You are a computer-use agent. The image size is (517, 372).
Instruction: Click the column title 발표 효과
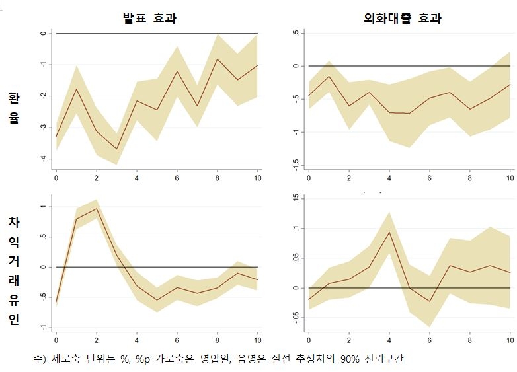click(149, 19)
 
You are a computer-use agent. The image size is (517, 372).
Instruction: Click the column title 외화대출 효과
click(402, 19)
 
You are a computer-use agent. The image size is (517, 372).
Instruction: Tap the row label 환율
click(14, 108)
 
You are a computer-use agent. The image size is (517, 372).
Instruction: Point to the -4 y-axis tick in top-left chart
click(42, 159)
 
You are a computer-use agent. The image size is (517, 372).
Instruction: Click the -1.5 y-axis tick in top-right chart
click(295, 164)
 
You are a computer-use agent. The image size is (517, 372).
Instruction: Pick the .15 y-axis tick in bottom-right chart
click(295, 198)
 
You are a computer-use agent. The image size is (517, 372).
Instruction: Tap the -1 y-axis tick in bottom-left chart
click(42, 327)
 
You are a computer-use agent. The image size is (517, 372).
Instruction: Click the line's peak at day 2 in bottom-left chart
click(97, 209)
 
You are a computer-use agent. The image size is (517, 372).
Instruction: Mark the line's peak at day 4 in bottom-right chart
click(389, 232)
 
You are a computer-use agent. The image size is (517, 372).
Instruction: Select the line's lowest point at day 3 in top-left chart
click(116, 149)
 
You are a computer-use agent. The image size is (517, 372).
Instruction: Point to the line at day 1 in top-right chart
click(329, 76)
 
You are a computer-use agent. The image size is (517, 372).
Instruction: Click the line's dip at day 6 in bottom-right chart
click(429, 301)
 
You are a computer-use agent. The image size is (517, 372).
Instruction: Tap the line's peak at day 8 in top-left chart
click(218, 59)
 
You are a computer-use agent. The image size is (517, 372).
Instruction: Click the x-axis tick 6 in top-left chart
click(177, 178)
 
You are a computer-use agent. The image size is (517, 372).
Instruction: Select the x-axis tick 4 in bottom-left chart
click(137, 340)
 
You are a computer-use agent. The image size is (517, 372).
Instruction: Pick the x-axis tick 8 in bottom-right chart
click(469, 340)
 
